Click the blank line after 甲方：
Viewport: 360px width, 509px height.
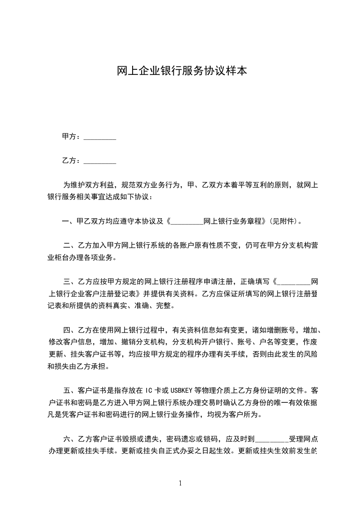click(x=100, y=137)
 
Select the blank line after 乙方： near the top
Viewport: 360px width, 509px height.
click(x=100, y=161)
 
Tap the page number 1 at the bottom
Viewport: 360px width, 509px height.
click(x=180, y=483)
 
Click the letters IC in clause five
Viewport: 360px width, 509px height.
click(x=149, y=390)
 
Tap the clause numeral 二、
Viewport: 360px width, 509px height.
click(x=69, y=246)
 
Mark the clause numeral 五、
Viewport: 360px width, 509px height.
click(x=69, y=390)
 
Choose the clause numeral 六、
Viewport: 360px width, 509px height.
click(x=69, y=439)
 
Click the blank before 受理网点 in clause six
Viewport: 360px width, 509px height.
click(x=272, y=439)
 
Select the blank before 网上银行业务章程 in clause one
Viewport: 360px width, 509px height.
click(x=187, y=222)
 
